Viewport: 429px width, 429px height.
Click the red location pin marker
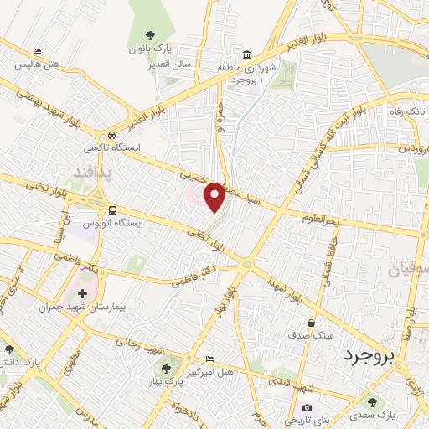pyautogui.click(x=214, y=197)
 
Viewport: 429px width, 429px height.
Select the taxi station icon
pyautogui.click(x=111, y=136)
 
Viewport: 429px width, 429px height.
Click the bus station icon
pyautogui.click(x=111, y=209)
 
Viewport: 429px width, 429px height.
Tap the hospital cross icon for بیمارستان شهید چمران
pyautogui.click(x=81, y=294)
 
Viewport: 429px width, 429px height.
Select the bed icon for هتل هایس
pyautogui.click(x=36, y=52)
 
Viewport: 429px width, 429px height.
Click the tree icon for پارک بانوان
pyautogui.click(x=150, y=35)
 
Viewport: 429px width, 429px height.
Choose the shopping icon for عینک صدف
pyautogui.click(x=312, y=322)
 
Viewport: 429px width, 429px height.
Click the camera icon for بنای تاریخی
pyautogui.click(x=307, y=408)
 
